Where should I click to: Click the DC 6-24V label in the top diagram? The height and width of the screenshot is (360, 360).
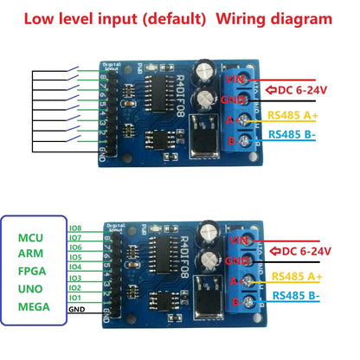pos(304,89)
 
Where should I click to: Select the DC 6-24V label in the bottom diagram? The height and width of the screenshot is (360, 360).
pos(304,251)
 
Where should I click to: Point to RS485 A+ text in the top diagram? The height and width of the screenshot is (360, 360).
pos(296,113)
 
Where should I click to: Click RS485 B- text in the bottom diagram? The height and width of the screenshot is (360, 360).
pos(296,295)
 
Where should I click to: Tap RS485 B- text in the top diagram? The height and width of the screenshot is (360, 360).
pos(296,133)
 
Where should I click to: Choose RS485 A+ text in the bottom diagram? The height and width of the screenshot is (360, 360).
pos(296,275)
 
